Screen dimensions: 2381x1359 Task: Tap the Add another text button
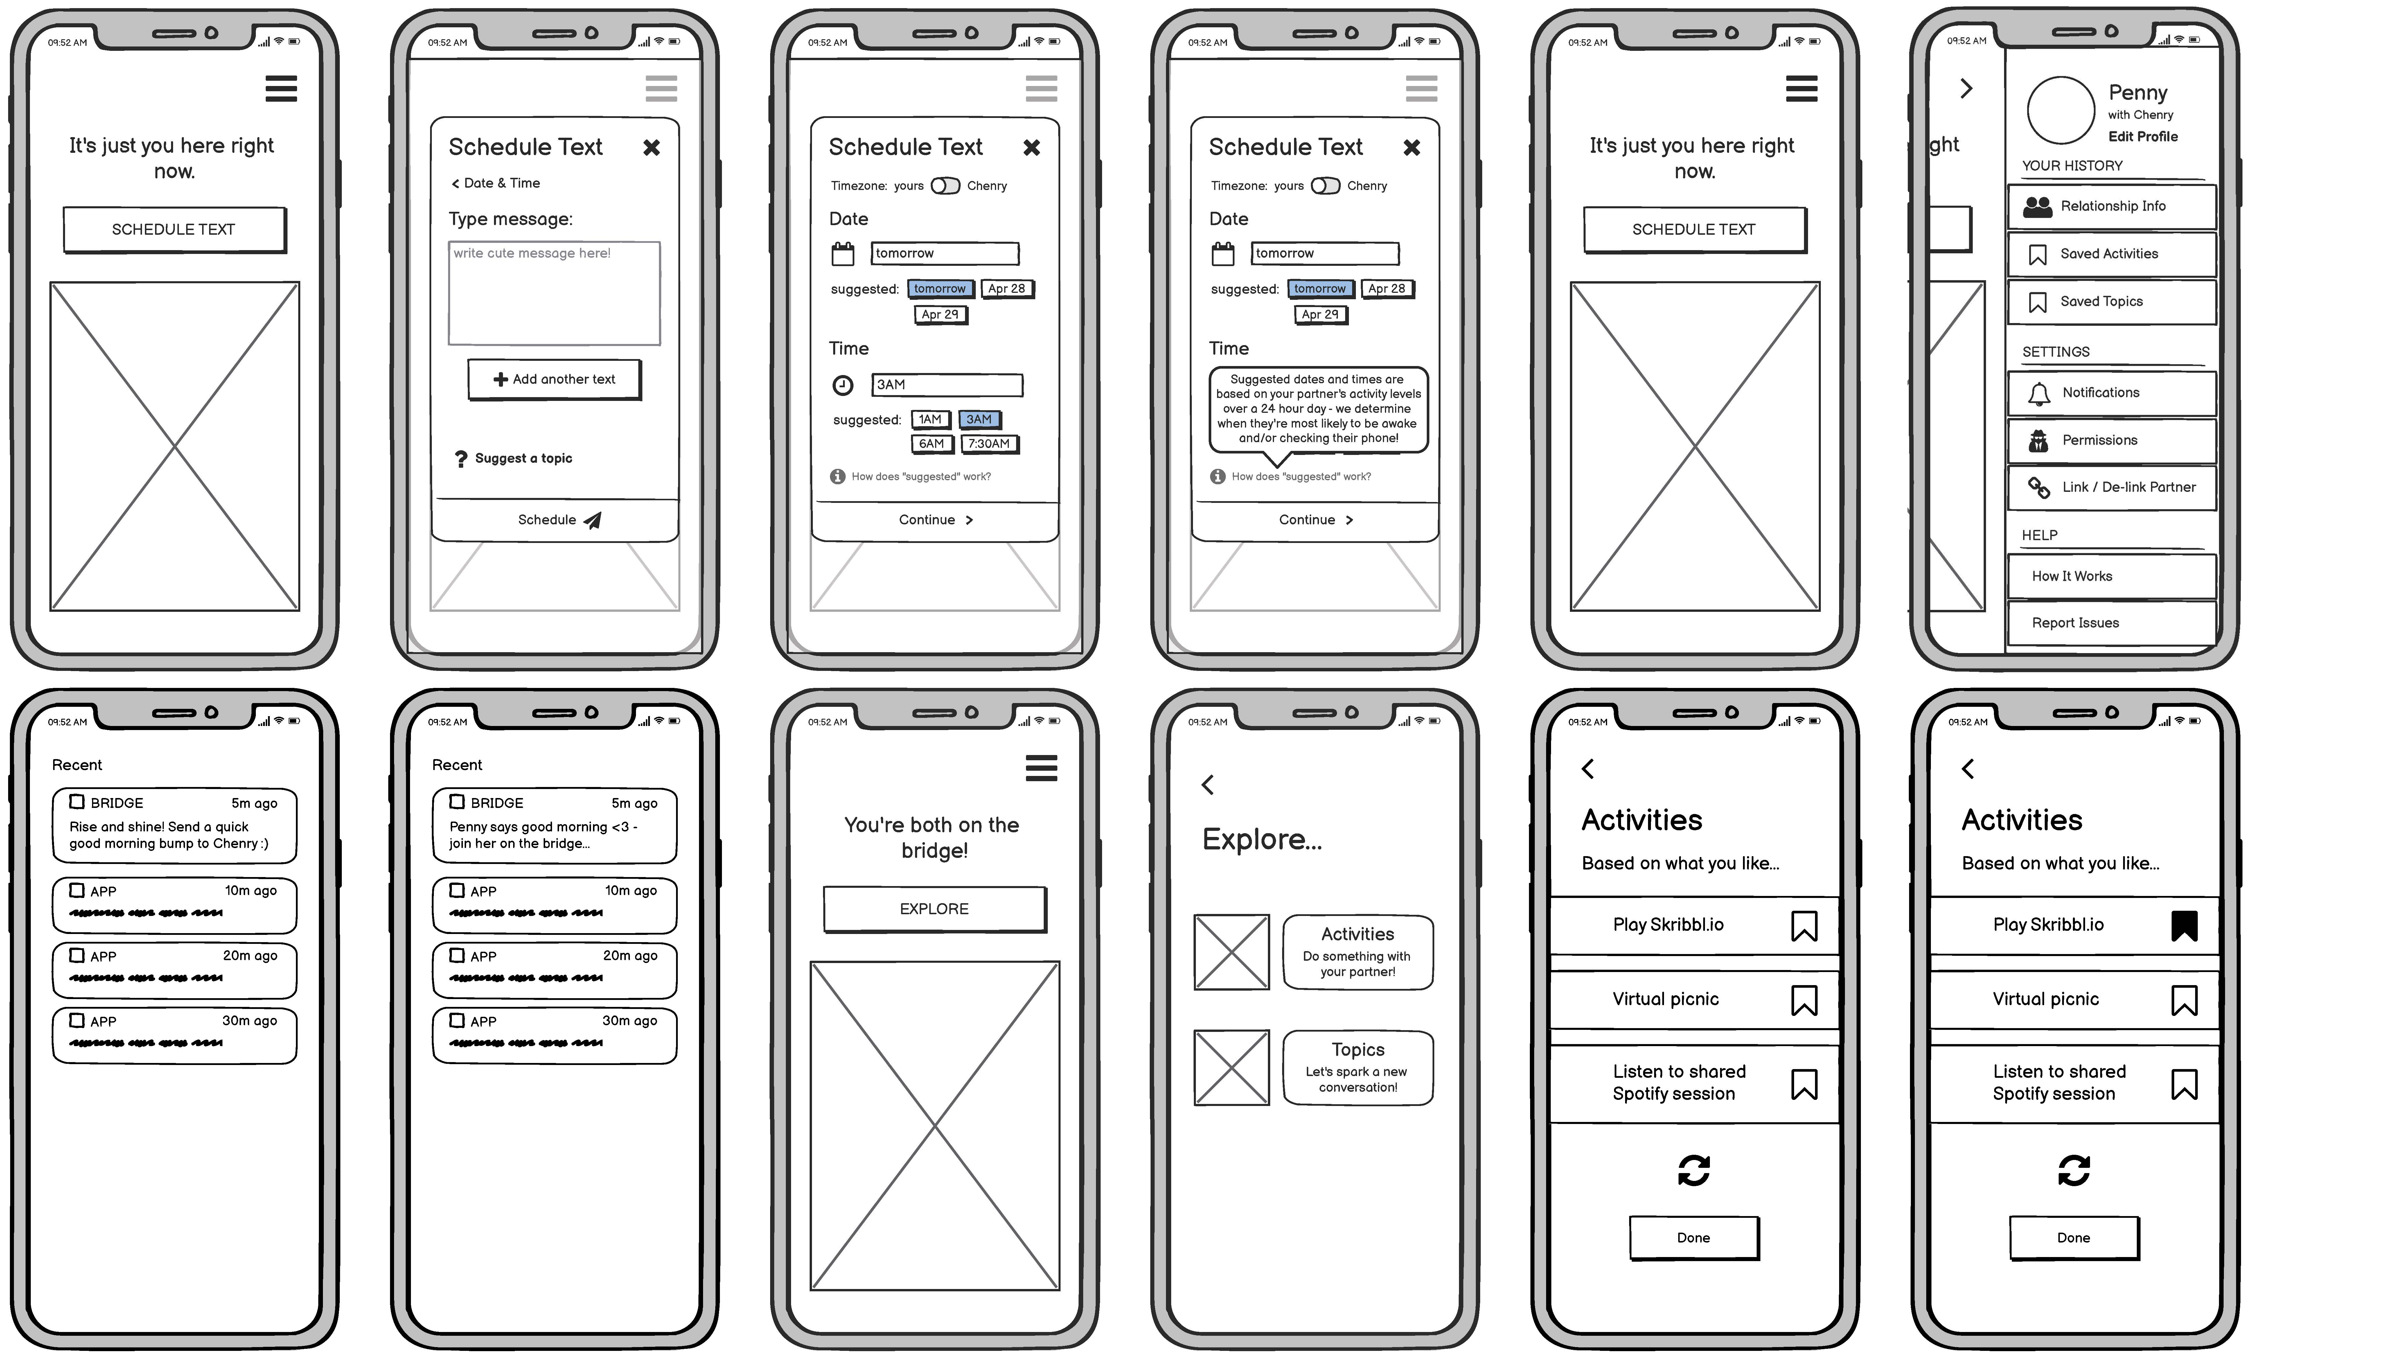(554, 379)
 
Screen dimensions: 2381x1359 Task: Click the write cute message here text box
(554, 293)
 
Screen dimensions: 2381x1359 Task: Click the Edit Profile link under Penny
(2143, 136)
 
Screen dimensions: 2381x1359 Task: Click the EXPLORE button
(934, 909)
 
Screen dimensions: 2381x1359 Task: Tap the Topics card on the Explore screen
(1358, 1068)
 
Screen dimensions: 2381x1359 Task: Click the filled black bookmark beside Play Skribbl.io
(2184, 926)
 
